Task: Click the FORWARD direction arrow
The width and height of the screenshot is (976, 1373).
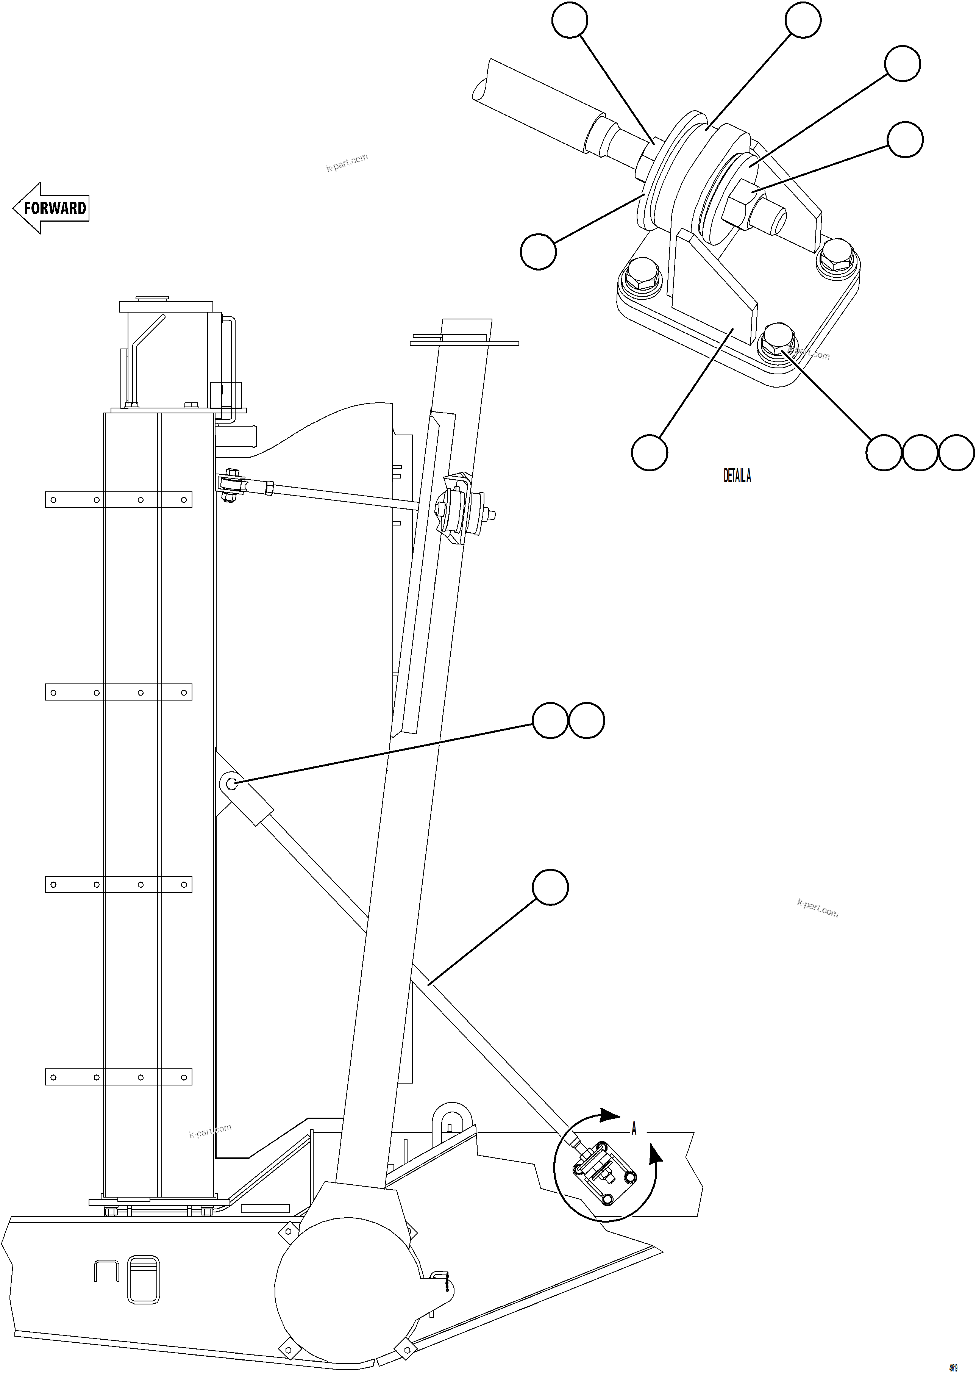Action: coord(52,208)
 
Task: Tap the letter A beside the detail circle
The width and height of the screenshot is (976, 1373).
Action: coord(634,1129)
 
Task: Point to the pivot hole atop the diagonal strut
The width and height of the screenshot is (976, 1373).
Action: coord(232,783)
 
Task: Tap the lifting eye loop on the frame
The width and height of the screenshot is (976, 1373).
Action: coord(451,1118)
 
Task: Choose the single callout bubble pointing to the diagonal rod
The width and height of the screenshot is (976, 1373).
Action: coord(551,887)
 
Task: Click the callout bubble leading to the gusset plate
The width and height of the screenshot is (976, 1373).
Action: coord(650,453)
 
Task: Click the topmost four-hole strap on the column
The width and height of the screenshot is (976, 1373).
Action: coord(119,500)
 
